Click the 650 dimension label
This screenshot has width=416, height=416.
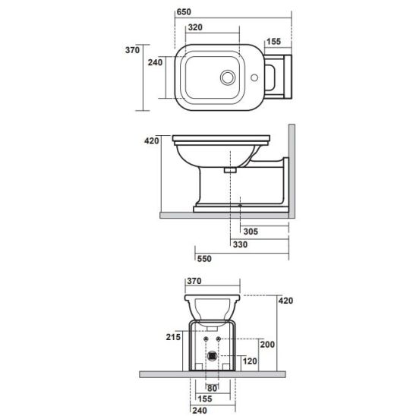[184, 12]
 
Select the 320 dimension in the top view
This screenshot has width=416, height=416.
[195, 27]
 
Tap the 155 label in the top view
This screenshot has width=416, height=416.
[273, 42]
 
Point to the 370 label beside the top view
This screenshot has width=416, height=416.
[132, 50]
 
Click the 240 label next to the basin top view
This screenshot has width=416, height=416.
[155, 62]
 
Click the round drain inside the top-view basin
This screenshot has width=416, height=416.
[228, 77]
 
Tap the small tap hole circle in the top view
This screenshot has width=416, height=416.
[254, 77]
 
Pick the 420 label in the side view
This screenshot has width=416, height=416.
[152, 141]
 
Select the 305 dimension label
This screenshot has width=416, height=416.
[251, 232]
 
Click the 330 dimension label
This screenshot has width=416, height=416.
[240, 244]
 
